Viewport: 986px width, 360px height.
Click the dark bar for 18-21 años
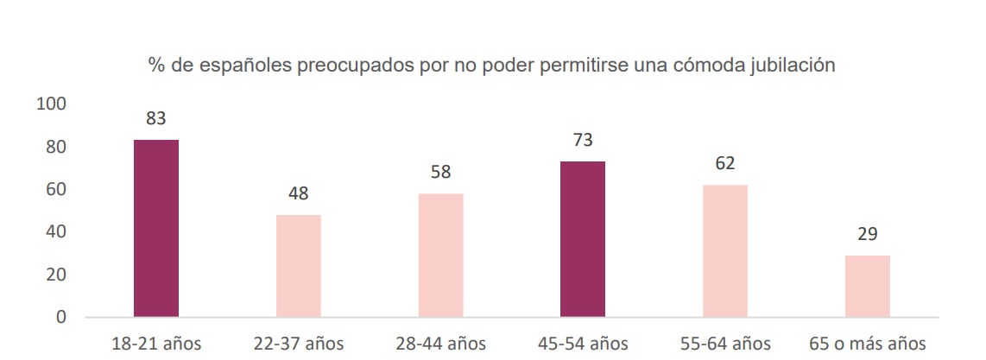coord(156,228)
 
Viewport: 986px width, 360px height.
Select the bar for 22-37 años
coord(299,265)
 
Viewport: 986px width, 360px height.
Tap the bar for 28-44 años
coord(440,255)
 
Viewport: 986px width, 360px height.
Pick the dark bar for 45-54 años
coord(583,238)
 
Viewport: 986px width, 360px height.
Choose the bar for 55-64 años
coord(725,250)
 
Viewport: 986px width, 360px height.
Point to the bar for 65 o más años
coord(868,286)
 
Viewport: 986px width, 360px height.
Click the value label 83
coord(155,119)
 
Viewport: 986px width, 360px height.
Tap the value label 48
coord(299,193)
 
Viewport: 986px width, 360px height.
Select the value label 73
coord(583,141)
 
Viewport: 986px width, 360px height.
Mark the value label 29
coord(868,234)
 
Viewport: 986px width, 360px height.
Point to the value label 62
coord(725,164)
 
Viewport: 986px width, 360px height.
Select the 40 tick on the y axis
coord(57,232)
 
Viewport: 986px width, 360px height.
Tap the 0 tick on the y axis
coord(61,317)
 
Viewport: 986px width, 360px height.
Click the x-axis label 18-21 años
coord(156,344)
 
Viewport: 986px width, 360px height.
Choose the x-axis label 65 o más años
coord(867,344)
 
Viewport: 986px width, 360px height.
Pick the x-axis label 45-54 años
coord(583,344)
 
